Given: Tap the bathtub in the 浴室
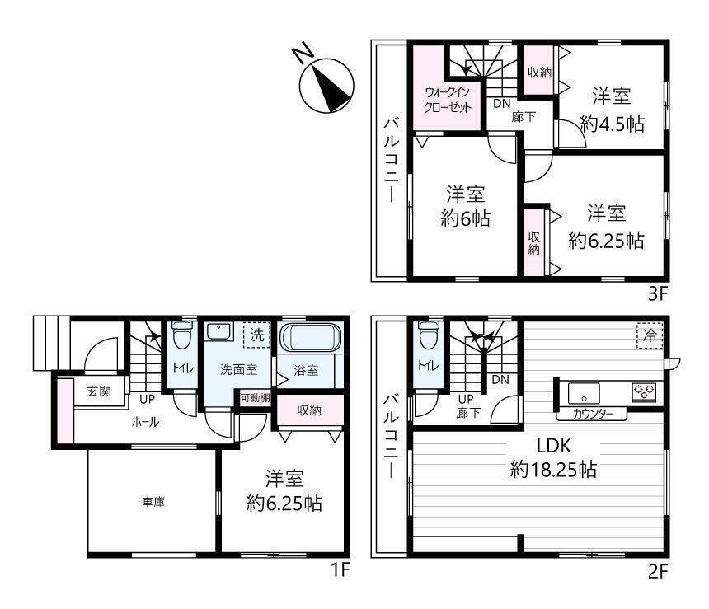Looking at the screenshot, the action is click(x=310, y=337).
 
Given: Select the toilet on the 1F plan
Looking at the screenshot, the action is click(x=182, y=335).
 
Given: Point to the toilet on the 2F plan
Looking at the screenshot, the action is click(x=428, y=335).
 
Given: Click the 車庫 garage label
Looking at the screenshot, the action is click(x=153, y=501).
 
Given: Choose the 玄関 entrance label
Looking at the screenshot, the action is click(x=99, y=391).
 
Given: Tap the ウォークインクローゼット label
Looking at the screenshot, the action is click(x=448, y=100).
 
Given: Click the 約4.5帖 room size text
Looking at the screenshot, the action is click(x=613, y=123).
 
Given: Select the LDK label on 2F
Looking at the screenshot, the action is click(x=554, y=446).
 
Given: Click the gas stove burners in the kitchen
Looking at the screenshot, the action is click(x=644, y=391).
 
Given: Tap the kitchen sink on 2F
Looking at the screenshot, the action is click(x=584, y=392).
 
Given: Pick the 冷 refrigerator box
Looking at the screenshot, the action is click(x=650, y=335).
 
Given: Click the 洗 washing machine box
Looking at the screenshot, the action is click(x=257, y=335).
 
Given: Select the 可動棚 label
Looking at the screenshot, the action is click(x=256, y=398).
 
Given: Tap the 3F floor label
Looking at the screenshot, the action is click(x=658, y=294).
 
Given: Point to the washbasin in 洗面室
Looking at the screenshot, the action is click(x=219, y=332).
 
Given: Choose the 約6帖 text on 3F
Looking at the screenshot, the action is click(x=465, y=218).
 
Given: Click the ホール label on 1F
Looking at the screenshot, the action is click(x=145, y=422).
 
